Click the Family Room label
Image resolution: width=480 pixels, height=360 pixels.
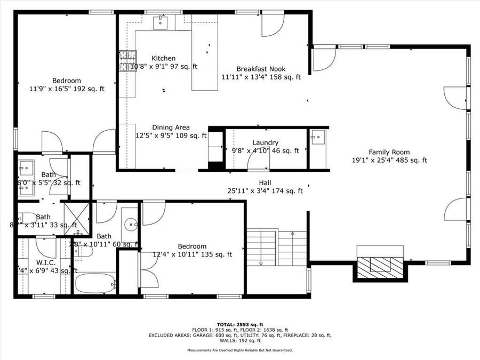(x=389, y=152)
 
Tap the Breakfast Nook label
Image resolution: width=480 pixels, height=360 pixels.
(x=261, y=69)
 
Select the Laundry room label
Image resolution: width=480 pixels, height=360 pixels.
(x=265, y=142)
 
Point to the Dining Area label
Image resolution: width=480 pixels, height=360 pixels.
(x=171, y=127)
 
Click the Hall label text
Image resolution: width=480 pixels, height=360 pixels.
(x=265, y=182)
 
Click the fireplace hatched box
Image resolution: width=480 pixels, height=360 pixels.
(x=380, y=265)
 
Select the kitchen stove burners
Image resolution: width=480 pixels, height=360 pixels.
(x=127, y=61)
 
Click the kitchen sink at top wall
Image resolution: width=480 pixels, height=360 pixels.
(x=161, y=22)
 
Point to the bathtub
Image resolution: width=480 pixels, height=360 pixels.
(x=95, y=283)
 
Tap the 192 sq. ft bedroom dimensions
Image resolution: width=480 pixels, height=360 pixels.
(x=67, y=89)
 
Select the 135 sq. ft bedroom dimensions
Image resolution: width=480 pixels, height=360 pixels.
(x=192, y=254)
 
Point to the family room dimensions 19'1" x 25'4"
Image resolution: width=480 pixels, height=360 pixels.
(x=389, y=160)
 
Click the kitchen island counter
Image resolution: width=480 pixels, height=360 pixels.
(x=205, y=59)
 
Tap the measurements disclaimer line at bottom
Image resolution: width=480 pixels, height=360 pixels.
(x=239, y=350)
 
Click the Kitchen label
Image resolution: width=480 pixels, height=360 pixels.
(x=163, y=58)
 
